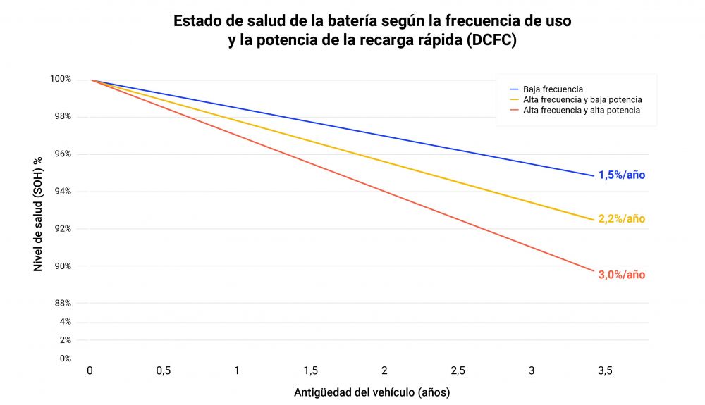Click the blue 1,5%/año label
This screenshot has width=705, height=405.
(x=621, y=175)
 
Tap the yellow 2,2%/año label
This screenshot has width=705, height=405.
(x=621, y=219)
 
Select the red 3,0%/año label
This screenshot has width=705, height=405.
(x=621, y=275)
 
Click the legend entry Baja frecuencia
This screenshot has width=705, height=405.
(x=553, y=89)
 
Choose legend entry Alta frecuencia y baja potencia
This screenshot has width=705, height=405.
(x=582, y=100)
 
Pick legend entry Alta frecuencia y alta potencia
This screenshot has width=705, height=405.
(x=581, y=111)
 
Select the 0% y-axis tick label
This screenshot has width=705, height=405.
(x=65, y=359)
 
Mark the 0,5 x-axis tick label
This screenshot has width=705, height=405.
(x=164, y=370)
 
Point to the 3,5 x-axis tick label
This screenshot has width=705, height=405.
(x=604, y=370)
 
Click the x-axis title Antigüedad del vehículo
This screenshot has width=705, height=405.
(x=372, y=392)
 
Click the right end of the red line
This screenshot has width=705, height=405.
(x=594, y=270)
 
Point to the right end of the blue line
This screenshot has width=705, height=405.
(x=594, y=175)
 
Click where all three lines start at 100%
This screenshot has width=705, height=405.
(x=92, y=80)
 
